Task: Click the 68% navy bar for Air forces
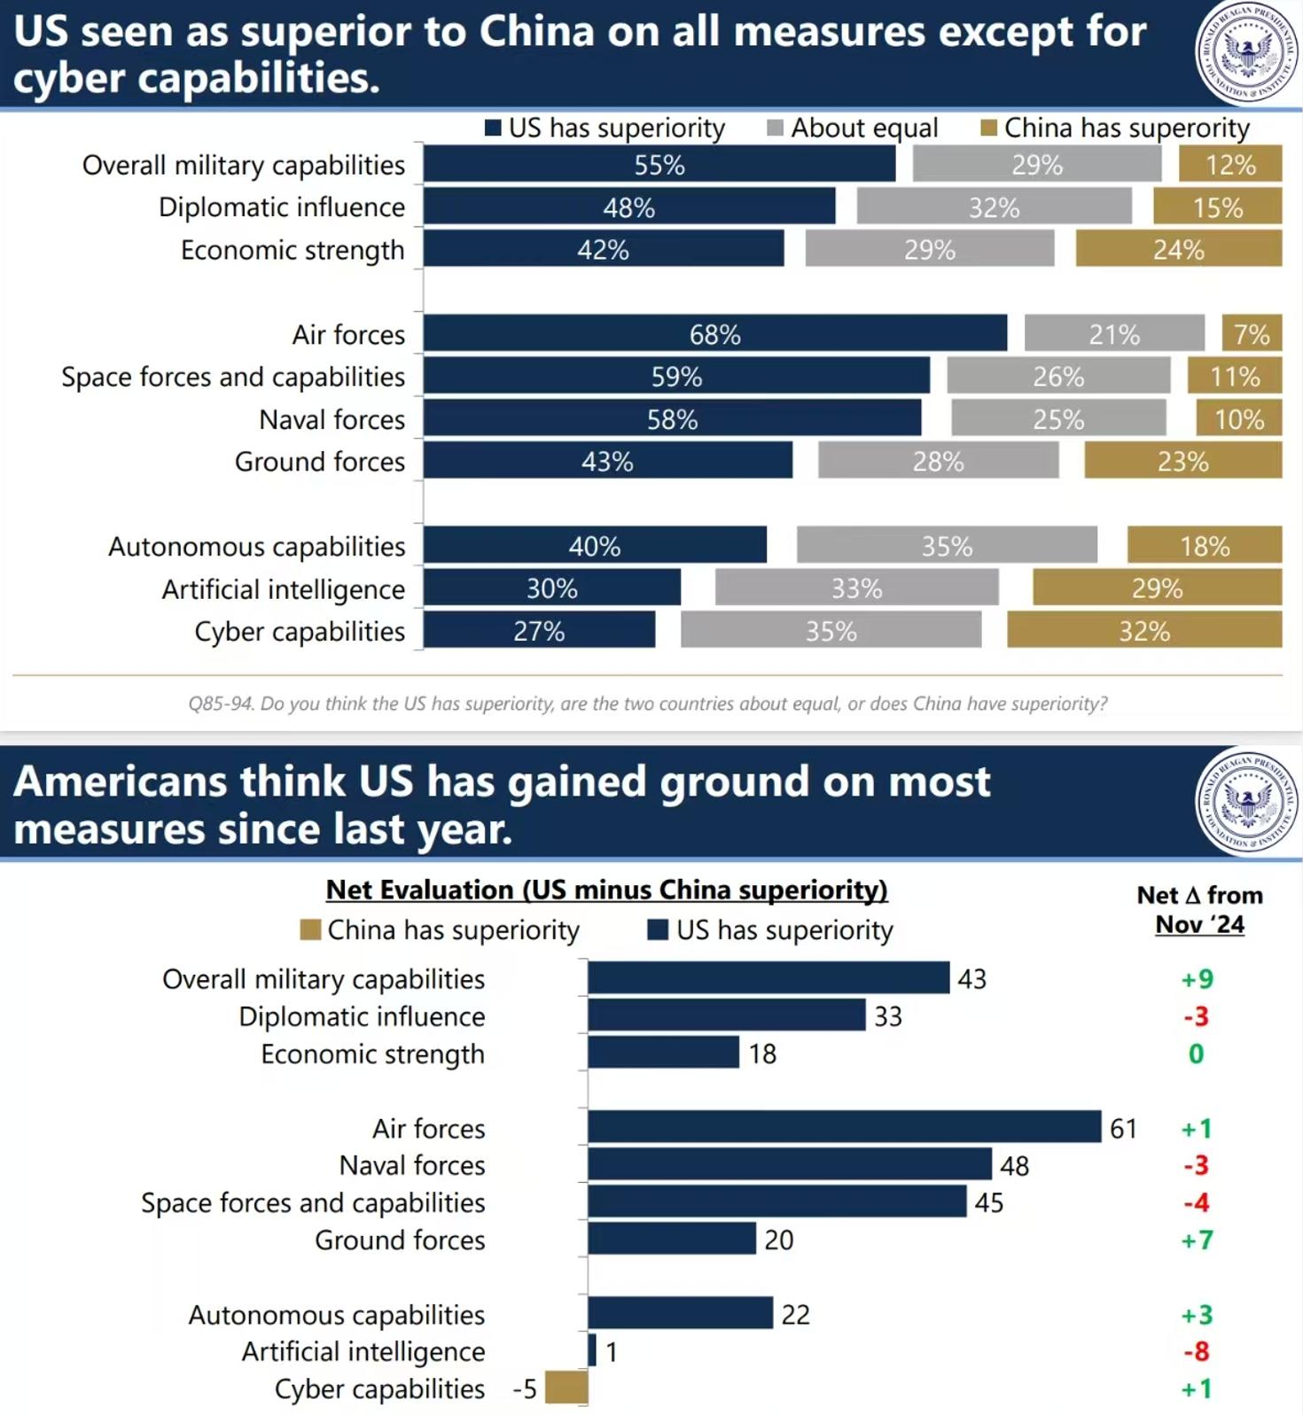click(714, 334)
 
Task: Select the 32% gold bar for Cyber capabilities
click(1143, 631)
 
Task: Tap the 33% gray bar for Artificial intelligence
click(856, 588)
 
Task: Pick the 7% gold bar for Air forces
click(1252, 334)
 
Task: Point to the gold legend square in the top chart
click(989, 128)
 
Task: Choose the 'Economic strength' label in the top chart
click(293, 250)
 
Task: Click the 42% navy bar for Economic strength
click(603, 249)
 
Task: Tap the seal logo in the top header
click(1247, 52)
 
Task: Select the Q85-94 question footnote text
click(647, 704)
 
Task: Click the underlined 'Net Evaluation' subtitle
click(606, 890)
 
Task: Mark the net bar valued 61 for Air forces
click(844, 1127)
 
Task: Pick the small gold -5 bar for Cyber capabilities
click(566, 1388)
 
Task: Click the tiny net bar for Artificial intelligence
click(592, 1350)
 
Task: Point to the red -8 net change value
click(1197, 1351)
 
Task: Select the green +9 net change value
click(1197, 979)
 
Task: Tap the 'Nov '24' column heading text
click(1199, 925)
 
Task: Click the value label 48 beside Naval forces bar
click(1014, 1166)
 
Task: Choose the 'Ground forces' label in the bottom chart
click(400, 1240)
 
